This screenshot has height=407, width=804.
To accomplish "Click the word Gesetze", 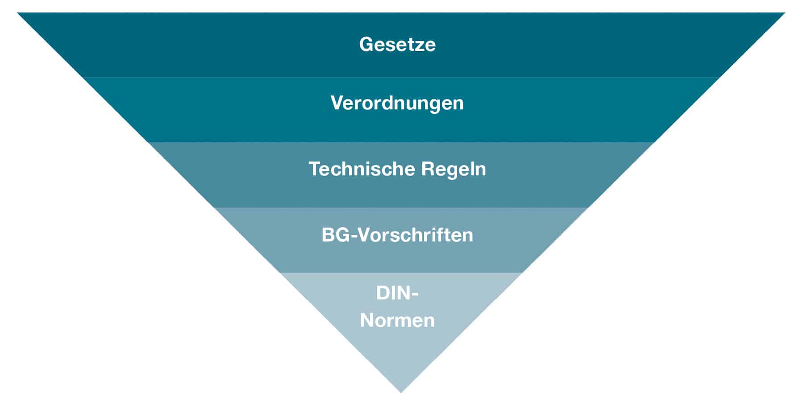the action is point(397,45).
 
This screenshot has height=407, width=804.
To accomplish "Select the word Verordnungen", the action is point(397,104).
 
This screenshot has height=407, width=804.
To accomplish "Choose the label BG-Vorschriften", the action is point(397,235).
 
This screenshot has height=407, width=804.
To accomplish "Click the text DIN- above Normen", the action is point(397,293).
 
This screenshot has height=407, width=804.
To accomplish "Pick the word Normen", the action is point(397,320).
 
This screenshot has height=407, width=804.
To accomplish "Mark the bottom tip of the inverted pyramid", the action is point(401,393).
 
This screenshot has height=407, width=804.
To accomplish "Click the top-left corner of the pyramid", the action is point(17,12).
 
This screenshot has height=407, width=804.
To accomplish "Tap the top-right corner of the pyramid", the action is point(785,12).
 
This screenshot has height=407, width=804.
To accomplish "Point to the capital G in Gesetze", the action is point(367,45).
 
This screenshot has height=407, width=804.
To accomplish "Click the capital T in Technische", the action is point(316,169).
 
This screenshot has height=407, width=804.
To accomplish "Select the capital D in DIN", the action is point(383,293).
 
